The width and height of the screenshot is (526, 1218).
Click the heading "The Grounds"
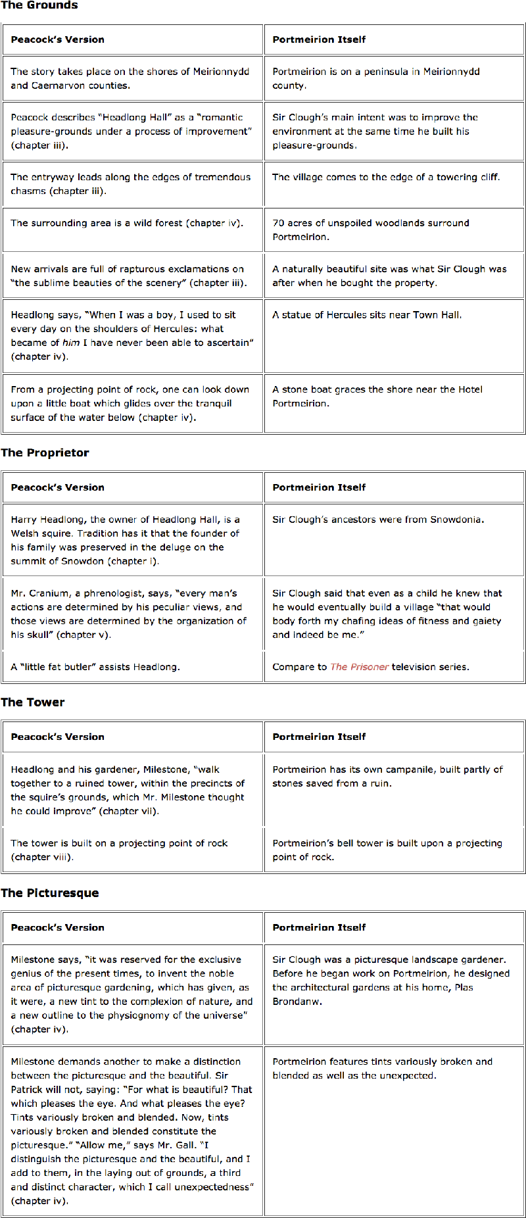pos(39,5)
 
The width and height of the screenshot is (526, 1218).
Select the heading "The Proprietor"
pos(45,452)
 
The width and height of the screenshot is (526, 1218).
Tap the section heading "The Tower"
pos(33,702)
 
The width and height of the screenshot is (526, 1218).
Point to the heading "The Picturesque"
pos(50,892)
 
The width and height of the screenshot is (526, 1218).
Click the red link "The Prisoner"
pos(359,667)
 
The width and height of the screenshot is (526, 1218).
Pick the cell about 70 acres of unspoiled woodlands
pos(394,230)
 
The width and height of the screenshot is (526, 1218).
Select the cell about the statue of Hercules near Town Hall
pos(394,335)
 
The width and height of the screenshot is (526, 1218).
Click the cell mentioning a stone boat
pos(394,403)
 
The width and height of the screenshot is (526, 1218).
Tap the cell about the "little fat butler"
pos(132,667)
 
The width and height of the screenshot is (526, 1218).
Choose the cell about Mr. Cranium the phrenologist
pos(132,614)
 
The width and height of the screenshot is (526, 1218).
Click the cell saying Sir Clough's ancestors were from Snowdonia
pos(394,540)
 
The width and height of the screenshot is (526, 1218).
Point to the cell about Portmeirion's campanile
pos(394,789)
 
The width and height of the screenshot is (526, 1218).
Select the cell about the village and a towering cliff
pos(394,184)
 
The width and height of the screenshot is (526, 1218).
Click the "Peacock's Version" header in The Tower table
pos(58,737)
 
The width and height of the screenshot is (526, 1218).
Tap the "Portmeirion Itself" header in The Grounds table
pos(320,39)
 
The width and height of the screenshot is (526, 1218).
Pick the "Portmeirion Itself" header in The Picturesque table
pos(320,927)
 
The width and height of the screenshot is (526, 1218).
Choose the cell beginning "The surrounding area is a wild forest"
pos(132,230)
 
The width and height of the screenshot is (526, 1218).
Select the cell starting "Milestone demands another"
pos(132,1131)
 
